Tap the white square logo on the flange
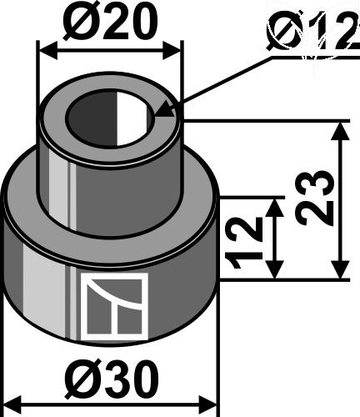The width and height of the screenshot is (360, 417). coord(114,307)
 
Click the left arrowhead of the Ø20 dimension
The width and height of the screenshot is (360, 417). coord(42,48)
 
